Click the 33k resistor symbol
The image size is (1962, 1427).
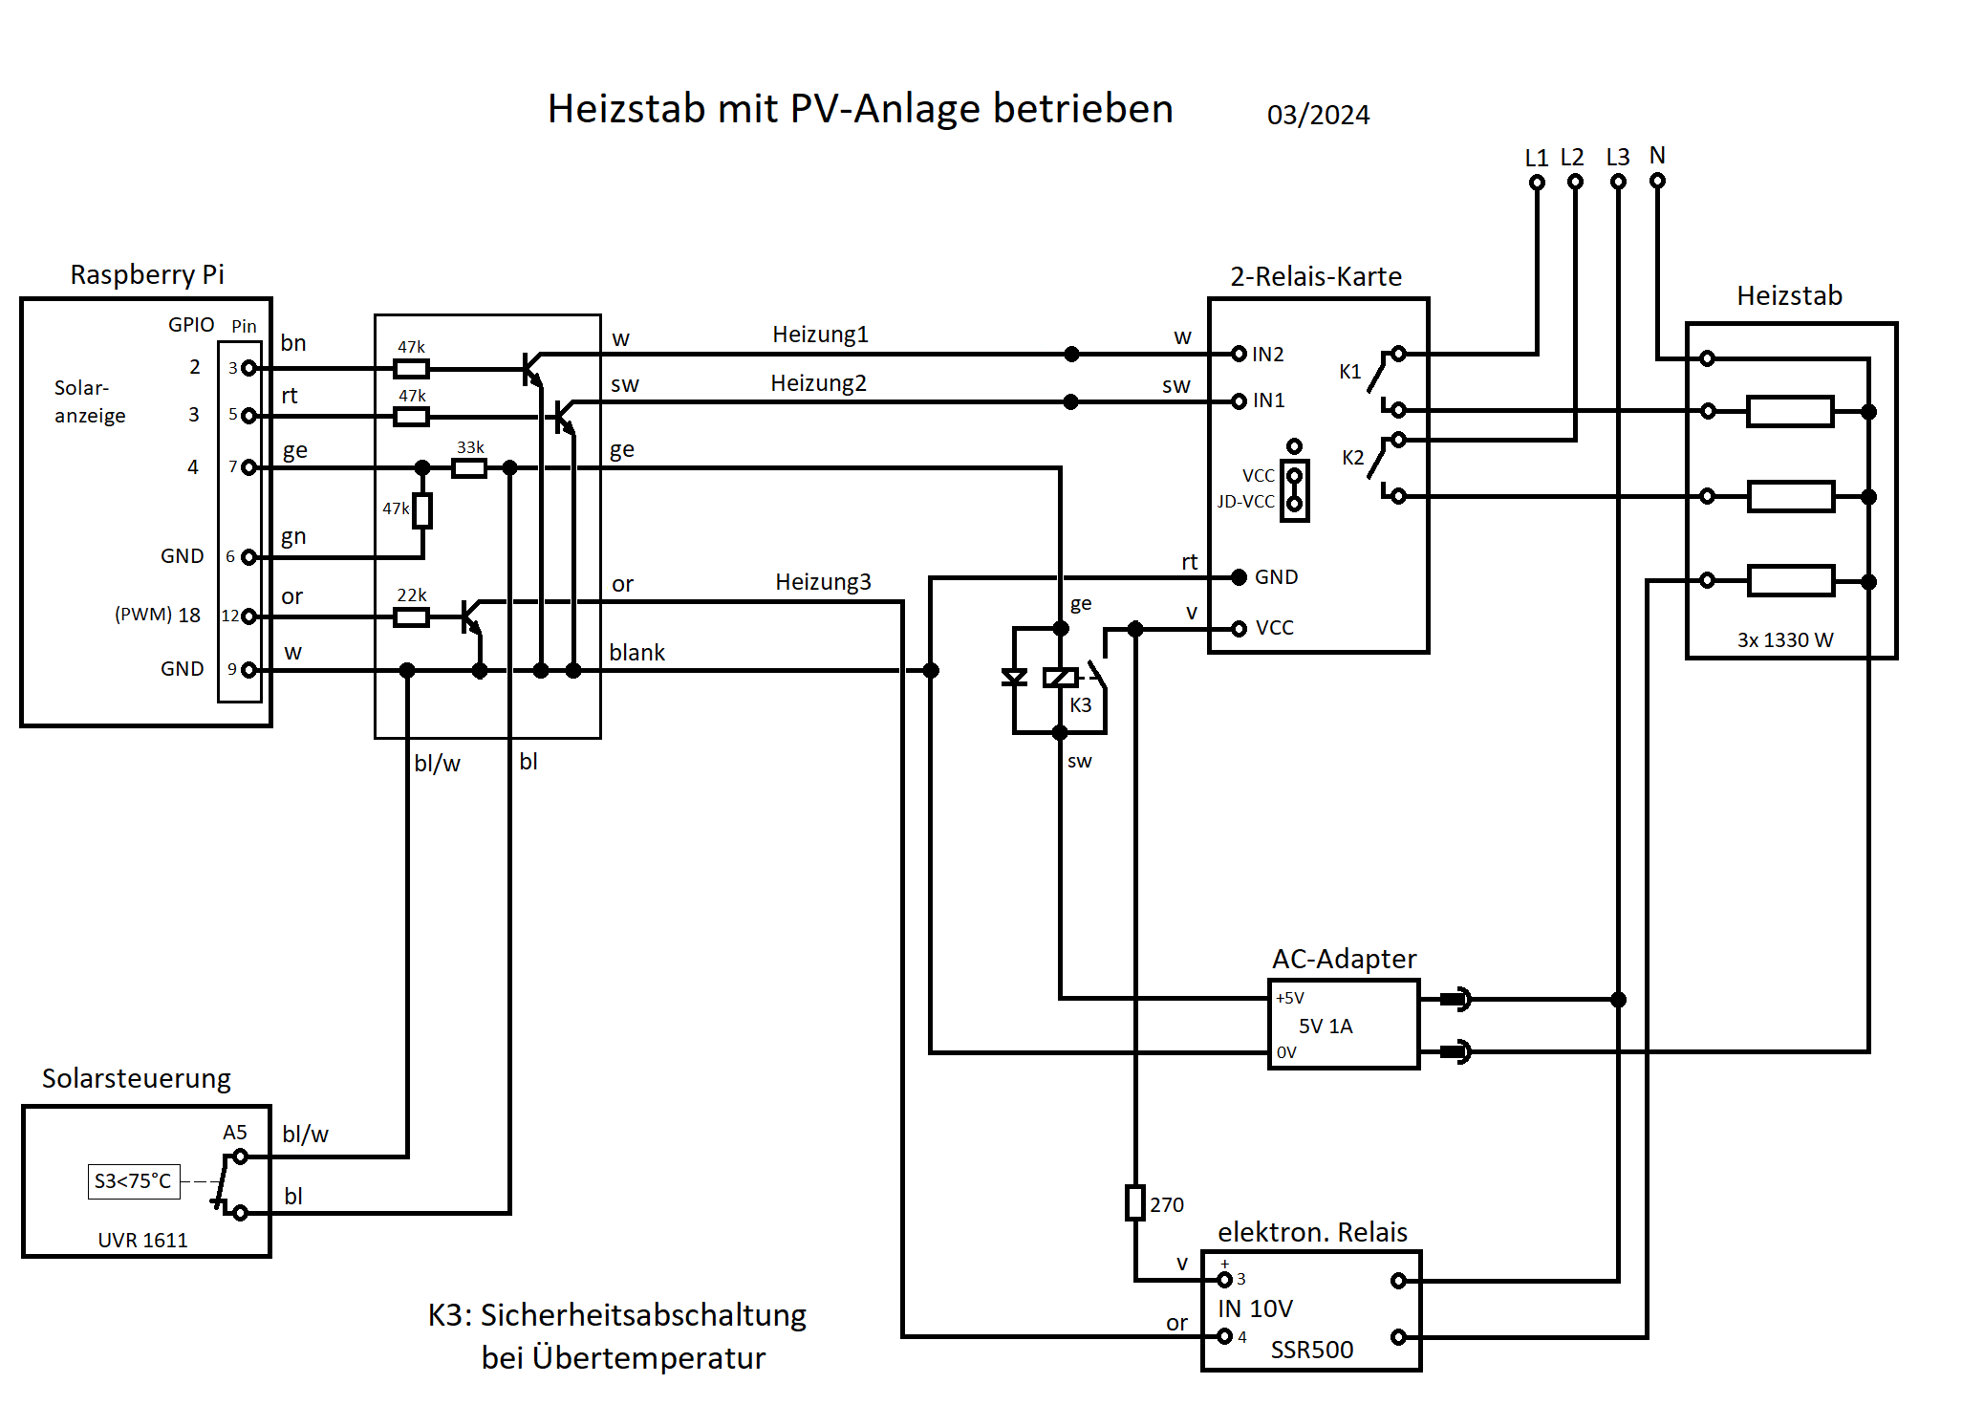coord(468,468)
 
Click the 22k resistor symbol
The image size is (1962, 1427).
coord(411,617)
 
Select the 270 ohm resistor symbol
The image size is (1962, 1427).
coord(1134,1202)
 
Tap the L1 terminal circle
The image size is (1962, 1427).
coord(1537,183)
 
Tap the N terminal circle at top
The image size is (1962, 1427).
coord(1657,181)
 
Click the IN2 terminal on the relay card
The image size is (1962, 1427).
coord(1239,354)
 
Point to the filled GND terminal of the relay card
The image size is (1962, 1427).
coord(1239,577)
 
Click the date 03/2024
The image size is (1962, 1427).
coord(1318,116)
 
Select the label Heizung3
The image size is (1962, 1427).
coord(823,582)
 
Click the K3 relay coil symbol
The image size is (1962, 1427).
coord(1060,678)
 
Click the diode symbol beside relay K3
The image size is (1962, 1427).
coord(1014,678)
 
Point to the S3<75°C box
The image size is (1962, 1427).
coord(134,1181)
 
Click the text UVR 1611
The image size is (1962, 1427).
coord(142,1241)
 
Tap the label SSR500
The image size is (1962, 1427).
coord(1311,1350)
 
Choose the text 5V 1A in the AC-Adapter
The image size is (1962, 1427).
coord(1326,1027)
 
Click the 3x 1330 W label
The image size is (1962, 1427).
coord(1785,640)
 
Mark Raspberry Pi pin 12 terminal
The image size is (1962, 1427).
coord(248,616)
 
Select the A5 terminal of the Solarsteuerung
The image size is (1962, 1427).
coord(240,1157)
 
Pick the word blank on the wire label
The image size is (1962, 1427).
coord(636,653)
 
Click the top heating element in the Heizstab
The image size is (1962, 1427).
coord(1789,412)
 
